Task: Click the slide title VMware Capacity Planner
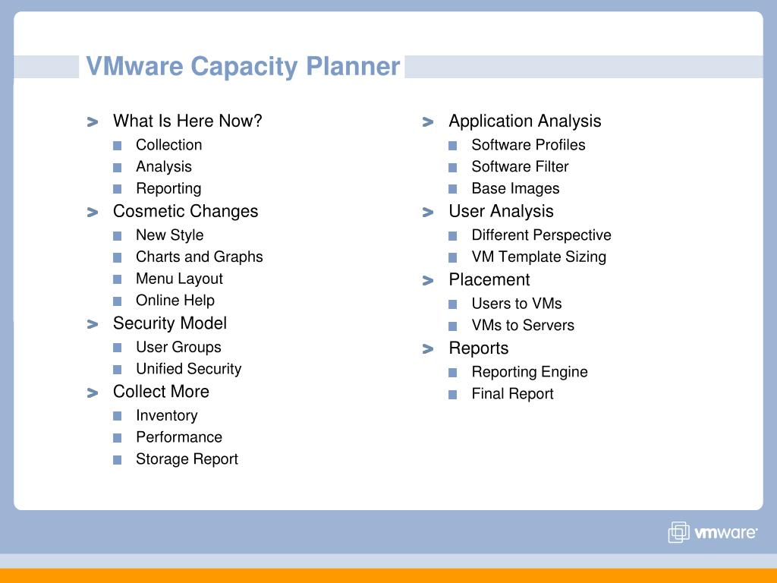click(x=243, y=67)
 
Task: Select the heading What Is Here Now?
click(x=187, y=121)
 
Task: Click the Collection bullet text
click(x=168, y=145)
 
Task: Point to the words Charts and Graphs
click(x=199, y=257)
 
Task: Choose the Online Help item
click(x=175, y=301)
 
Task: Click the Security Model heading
click(x=169, y=323)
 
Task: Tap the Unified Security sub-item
click(x=188, y=370)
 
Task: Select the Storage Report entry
click(x=187, y=459)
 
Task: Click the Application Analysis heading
click(x=524, y=121)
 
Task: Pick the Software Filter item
click(x=519, y=167)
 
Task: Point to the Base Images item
click(x=514, y=189)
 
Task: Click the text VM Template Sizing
click(x=538, y=257)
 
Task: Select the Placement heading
click(x=489, y=280)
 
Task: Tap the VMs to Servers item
click(x=522, y=326)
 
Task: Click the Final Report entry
click(x=512, y=394)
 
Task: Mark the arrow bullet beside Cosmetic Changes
click(x=93, y=213)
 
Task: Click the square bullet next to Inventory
click(x=117, y=416)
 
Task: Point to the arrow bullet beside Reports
click(x=428, y=349)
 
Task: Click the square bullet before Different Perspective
click(x=452, y=236)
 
